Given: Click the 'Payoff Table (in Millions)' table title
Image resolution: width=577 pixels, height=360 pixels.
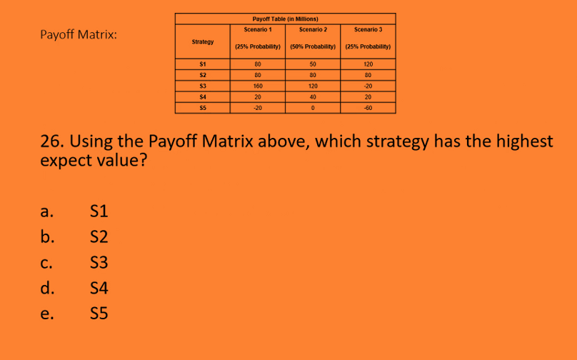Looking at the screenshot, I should (285, 19).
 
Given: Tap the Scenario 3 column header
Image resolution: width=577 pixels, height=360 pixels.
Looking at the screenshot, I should (368, 29).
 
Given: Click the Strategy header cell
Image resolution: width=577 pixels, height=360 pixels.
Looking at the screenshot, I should (203, 42).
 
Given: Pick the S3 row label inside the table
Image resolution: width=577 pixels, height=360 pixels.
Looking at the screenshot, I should (203, 85).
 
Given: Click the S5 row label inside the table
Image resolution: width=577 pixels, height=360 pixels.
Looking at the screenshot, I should (203, 108).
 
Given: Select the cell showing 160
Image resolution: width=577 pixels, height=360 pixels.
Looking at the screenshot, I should (257, 85).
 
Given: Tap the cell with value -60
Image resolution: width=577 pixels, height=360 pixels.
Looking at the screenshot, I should (368, 108).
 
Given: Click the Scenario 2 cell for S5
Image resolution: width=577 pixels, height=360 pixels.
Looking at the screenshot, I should (313, 108).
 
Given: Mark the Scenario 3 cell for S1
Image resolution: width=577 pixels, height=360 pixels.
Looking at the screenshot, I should (368, 64).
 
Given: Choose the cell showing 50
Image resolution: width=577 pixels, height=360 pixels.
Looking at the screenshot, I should (313, 64).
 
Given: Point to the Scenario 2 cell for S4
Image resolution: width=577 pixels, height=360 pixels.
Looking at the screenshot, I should (313, 96).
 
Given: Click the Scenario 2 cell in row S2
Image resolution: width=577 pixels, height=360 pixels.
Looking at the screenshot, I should (313, 74).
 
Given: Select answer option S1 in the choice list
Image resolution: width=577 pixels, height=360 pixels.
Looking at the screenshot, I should (99, 211).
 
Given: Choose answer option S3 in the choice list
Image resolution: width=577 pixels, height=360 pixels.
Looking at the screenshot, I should (99, 262).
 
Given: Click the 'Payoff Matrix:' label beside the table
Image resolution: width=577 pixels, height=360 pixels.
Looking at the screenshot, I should (79, 35).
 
